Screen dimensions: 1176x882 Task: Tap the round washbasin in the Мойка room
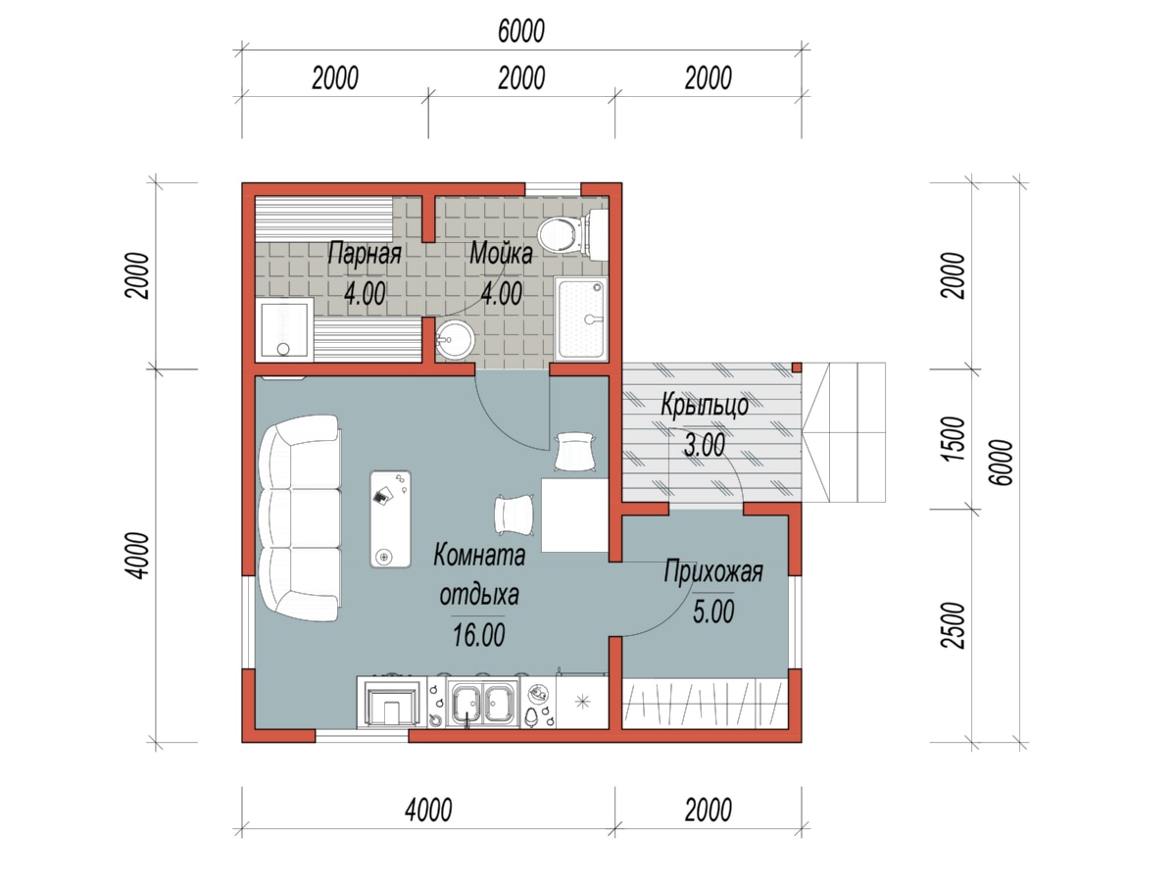[x=455, y=339]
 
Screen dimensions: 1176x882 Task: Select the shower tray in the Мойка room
[x=582, y=318]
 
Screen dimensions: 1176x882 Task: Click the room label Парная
[x=365, y=253]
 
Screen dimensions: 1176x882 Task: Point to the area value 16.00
[x=478, y=635]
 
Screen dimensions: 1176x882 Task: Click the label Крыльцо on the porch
[x=705, y=405]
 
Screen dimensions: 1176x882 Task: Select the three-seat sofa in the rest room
[x=299, y=517]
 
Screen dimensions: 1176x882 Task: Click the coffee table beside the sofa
[x=391, y=519]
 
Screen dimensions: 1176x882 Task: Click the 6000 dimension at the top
[x=520, y=31]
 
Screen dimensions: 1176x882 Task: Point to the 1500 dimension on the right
[x=954, y=438]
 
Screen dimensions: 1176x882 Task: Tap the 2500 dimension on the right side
[x=954, y=625]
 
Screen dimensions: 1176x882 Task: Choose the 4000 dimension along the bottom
[x=428, y=810]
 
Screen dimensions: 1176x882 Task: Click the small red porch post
[x=797, y=367]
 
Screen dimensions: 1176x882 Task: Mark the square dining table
[x=575, y=514]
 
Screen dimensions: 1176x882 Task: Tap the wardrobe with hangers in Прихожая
[x=705, y=703]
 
